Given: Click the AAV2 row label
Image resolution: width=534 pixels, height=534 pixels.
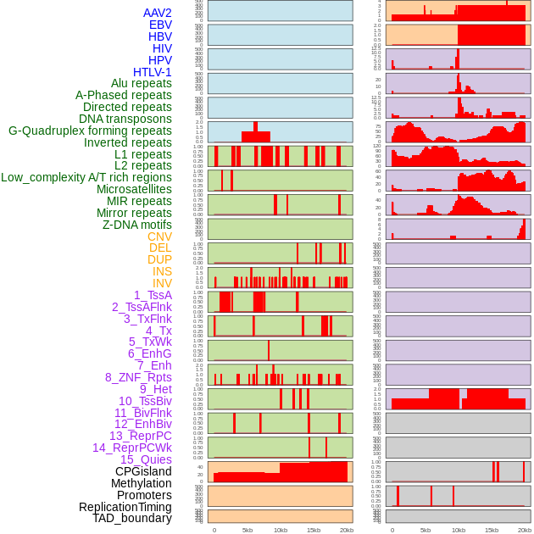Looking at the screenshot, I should tap(157, 13).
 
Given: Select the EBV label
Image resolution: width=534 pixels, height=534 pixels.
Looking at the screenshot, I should tap(160, 25).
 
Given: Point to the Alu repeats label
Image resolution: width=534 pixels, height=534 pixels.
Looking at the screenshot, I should tap(142, 83).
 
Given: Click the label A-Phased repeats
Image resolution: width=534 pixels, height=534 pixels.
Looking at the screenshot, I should tap(123, 95).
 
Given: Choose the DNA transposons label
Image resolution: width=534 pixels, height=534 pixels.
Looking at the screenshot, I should tap(125, 119).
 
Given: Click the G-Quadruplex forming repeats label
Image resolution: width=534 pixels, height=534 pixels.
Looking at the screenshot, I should tap(90, 131).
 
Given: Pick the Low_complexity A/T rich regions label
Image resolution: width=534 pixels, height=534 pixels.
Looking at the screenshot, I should tap(86, 177).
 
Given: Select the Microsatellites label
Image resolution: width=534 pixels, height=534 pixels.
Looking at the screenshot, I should tap(134, 189).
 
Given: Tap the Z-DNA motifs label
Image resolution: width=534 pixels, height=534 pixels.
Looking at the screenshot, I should tap(137, 225).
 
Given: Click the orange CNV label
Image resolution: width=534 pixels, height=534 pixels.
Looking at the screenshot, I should tap(159, 236).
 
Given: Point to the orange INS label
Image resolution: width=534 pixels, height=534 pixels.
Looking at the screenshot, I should tap(162, 271).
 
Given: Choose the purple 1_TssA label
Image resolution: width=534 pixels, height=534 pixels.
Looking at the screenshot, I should tap(153, 295).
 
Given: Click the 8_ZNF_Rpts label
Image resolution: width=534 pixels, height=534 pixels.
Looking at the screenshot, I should tap(138, 377).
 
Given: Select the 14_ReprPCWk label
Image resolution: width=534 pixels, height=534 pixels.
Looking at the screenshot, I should tap(132, 448).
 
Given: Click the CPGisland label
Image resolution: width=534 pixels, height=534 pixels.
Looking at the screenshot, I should tap(143, 471).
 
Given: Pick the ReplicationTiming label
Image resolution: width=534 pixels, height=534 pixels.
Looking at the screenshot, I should tap(125, 507).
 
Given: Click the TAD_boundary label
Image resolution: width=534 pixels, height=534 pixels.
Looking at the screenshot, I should tap(132, 518).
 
